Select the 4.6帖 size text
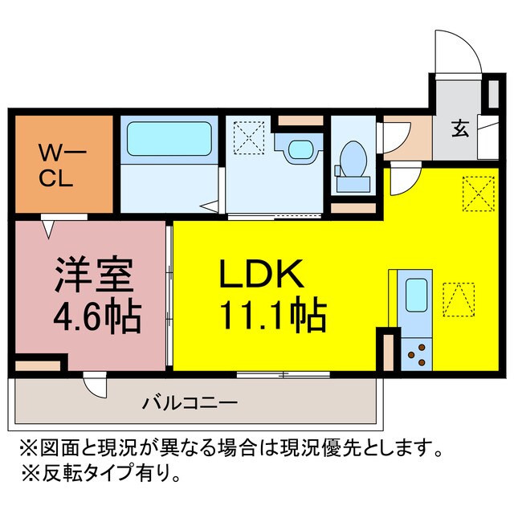coord(97,317)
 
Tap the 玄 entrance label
coord(459,129)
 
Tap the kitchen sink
coord(417,295)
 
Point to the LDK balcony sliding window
coord(284,373)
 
